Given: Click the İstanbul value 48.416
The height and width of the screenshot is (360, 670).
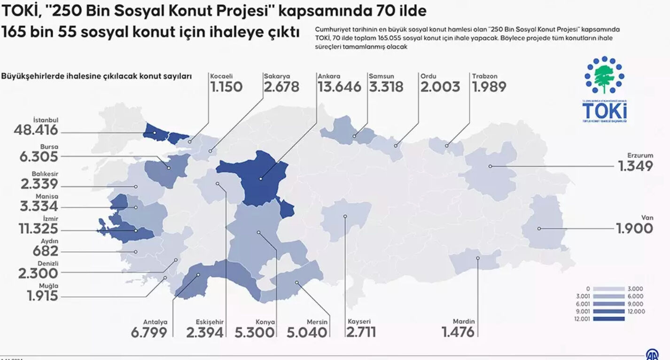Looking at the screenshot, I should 36,131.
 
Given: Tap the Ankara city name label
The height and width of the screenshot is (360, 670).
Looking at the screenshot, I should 328,76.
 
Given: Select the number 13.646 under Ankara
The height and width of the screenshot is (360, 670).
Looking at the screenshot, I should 339,87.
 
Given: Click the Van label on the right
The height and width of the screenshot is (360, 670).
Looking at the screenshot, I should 647,218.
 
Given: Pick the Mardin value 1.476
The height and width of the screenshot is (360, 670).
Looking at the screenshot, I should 458,332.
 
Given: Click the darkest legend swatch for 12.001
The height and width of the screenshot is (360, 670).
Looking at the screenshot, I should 608,319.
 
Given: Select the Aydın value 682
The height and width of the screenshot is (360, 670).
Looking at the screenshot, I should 42,251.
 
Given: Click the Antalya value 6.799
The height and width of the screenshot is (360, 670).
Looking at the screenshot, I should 149,332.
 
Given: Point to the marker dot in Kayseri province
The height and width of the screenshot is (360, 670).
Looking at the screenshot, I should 345,217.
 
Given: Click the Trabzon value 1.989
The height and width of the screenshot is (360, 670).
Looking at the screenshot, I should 489,87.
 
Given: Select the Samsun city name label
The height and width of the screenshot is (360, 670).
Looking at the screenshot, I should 381,76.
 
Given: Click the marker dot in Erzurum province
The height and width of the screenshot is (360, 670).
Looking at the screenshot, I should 490,166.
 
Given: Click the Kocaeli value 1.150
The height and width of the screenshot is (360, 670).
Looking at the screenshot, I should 226,87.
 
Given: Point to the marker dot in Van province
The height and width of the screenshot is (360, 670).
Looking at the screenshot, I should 539,229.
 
